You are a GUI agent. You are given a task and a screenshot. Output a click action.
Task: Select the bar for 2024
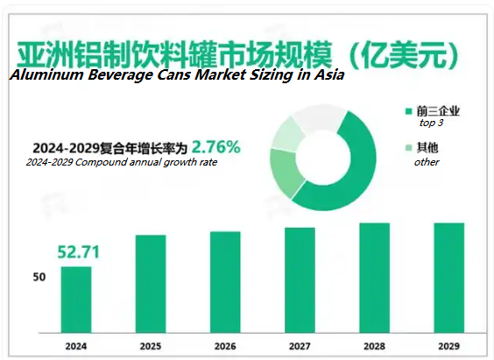pyautogui.click(x=75, y=300)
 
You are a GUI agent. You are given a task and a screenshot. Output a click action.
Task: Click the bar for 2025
pyautogui.click(x=150, y=284)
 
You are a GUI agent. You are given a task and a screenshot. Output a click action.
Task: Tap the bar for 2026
pyautogui.click(x=225, y=282)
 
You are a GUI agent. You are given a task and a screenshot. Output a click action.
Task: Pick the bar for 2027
pyautogui.click(x=300, y=280)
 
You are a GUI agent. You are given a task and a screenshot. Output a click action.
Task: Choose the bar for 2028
pyautogui.click(x=374, y=278)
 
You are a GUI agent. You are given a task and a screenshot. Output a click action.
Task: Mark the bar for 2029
pyautogui.click(x=449, y=278)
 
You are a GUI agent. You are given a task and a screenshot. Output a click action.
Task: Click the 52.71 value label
pyautogui.click(x=79, y=252)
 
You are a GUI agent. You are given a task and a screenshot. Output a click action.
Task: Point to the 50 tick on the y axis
pyautogui.click(x=39, y=278)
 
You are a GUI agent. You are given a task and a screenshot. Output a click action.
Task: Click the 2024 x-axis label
pyautogui.click(x=76, y=345)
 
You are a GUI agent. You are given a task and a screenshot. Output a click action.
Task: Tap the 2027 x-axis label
pyautogui.click(x=300, y=345)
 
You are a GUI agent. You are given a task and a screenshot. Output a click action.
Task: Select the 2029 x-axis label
pyautogui.click(x=449, y=345)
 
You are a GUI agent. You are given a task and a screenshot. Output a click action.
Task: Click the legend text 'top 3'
pyautogui.click(x=431, y=123)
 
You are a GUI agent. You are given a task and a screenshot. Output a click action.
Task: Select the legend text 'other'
pyautogui.click(x=427, y=162)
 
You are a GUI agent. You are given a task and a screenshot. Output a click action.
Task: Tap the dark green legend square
pyautogui.click(x=407, y=111)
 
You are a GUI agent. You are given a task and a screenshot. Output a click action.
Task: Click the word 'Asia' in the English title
pyautogui.click(x=328, y=75)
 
